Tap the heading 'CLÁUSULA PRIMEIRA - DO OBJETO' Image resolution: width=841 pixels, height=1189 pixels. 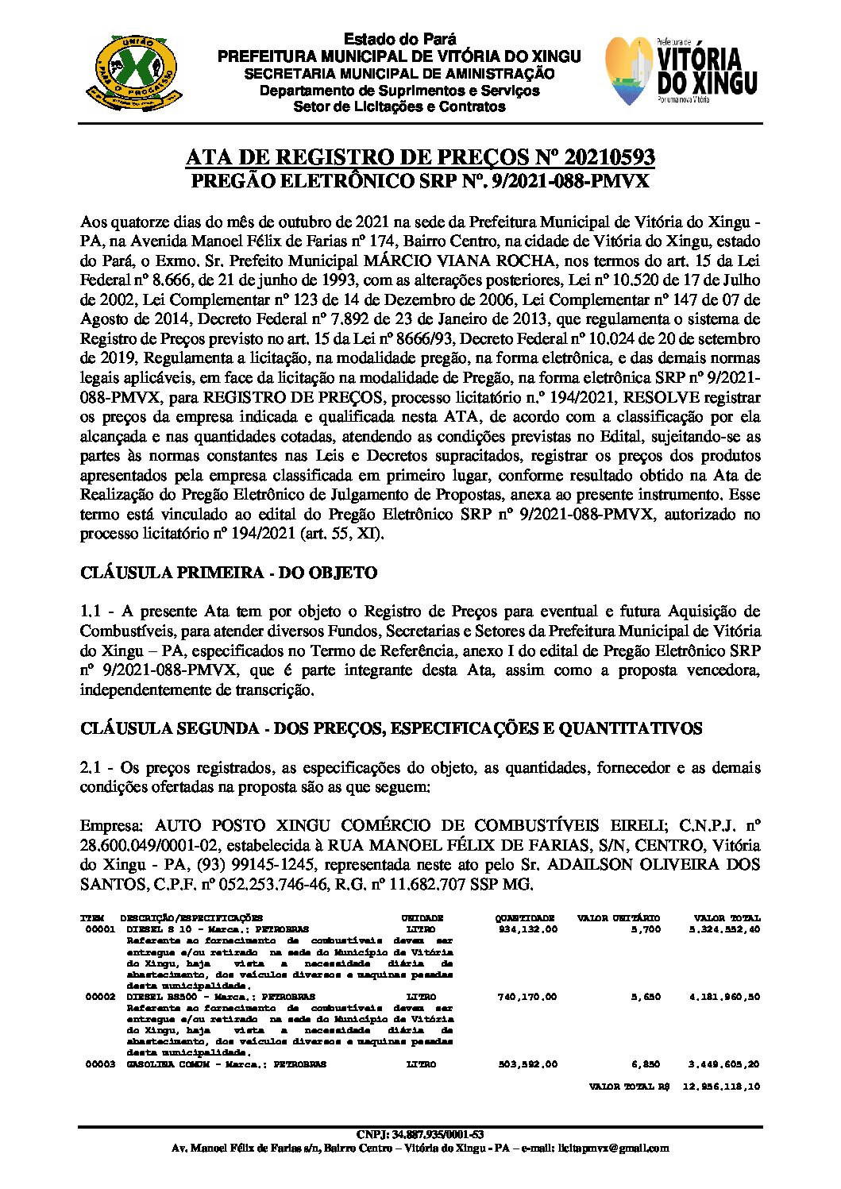point(229,573)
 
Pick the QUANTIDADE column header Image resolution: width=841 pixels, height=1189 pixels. point(525,918)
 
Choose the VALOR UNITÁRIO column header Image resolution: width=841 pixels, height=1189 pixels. point(619,918)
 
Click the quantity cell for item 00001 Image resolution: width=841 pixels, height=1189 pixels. point(528,929)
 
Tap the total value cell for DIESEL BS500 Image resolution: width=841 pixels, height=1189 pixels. point(724,997)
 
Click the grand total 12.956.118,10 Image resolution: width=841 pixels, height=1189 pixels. point(721,1087)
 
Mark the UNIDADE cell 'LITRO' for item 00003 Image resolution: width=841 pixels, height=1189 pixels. point(421,1064)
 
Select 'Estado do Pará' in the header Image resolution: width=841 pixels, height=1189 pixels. point(399,40)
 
